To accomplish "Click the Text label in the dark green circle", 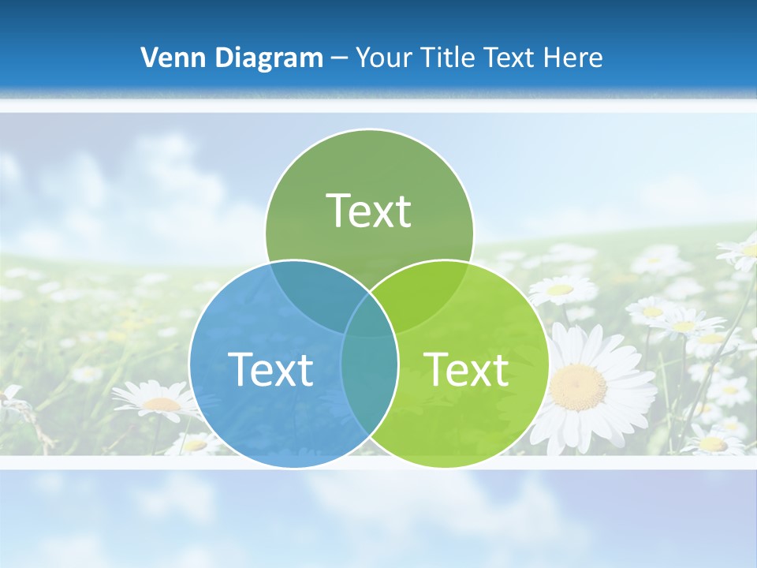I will coord(369,211).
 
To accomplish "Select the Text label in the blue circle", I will coord(270,369).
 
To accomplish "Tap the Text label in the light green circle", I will coord(467,369).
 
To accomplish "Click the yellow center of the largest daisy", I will coord(578,387).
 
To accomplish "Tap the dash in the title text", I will coord(339,58).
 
